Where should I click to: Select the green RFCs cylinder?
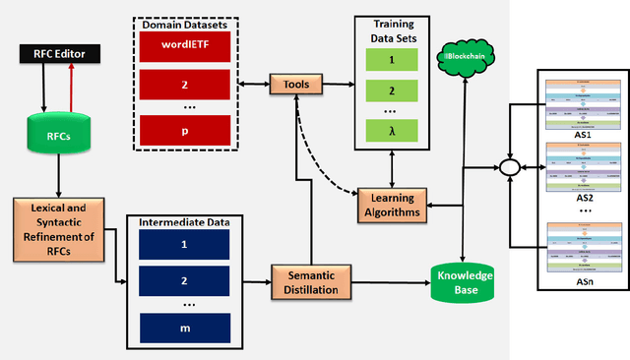(x=58, y=138)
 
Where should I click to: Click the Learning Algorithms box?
(x=391, y=205)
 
